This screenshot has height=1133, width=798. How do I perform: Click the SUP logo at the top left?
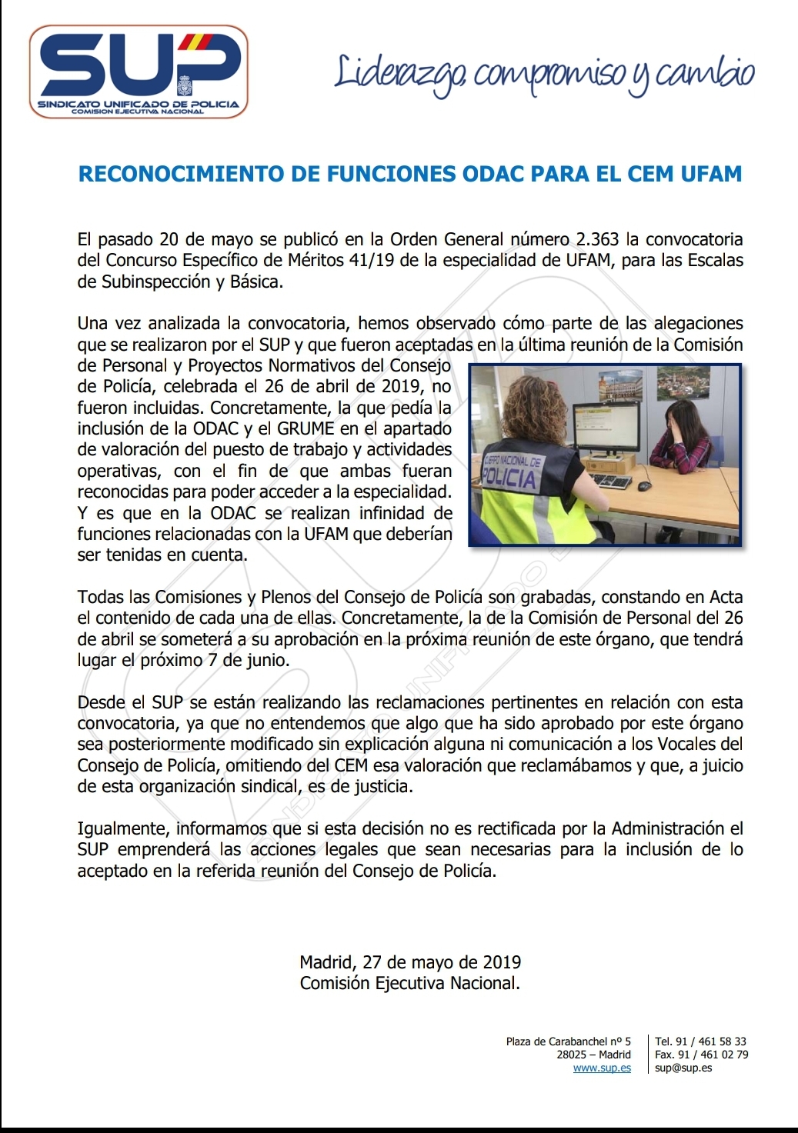click(139, 72)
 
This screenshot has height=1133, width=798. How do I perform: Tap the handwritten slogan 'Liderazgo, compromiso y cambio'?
click(544, 75)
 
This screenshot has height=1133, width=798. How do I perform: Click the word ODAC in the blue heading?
click(492, 174)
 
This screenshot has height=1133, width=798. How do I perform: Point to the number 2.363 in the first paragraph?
click(592, 240)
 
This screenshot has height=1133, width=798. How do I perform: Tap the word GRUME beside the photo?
click(306, 428)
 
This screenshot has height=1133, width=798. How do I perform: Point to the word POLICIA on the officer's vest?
click(508, 478)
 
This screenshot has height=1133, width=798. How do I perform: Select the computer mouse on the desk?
click(643, 486)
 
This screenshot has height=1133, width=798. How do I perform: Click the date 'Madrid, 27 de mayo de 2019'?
click(410, 962)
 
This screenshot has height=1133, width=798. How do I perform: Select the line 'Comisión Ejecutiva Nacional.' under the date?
click(410, 983)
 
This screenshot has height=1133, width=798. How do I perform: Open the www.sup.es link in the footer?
click(602, 1068)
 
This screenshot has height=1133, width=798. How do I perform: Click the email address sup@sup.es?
click(683, 1068)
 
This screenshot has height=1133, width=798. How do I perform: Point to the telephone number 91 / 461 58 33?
click(711, 1041)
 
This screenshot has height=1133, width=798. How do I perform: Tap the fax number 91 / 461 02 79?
click(713, 1055)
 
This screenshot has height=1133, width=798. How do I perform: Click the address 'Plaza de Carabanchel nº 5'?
click(568, 1041)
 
